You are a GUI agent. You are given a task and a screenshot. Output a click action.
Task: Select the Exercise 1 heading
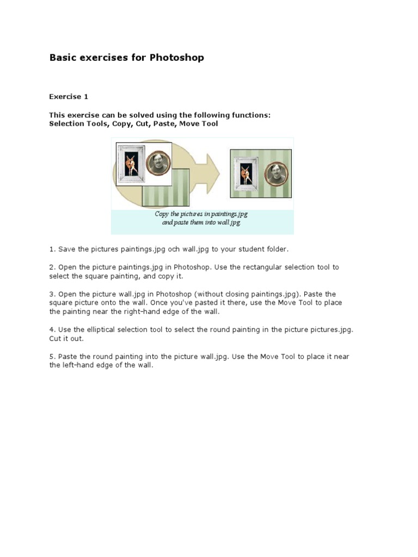tap(69, 97)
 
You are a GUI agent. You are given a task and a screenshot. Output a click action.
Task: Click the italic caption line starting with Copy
tap(201, 214)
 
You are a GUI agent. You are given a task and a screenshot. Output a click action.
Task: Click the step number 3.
tap(52, 294)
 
